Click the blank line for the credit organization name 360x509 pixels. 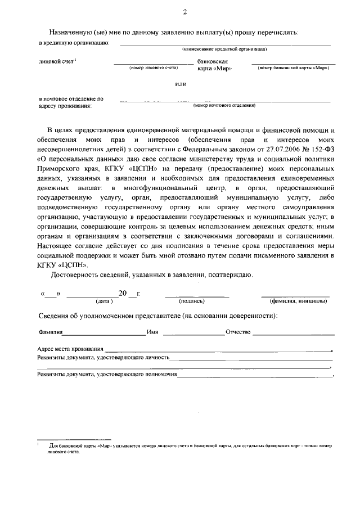[x=225, y=44]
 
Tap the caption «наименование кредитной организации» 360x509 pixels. [x=224, y=49]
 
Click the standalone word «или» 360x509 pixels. [x=180, y=84]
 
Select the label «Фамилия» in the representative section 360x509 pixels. [x=49, y=332]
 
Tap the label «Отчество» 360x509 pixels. [x=237, y=332]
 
